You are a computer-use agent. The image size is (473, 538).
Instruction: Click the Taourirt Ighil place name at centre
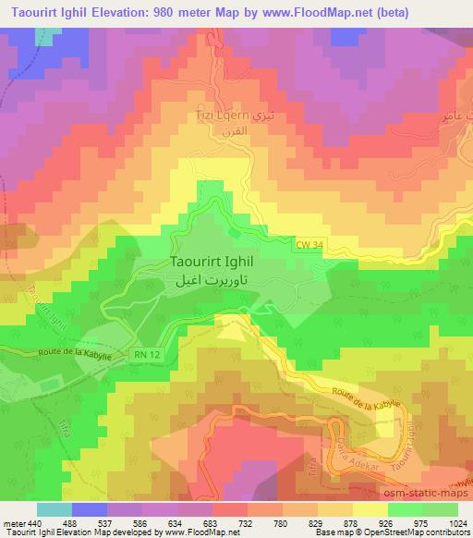click(217, 262)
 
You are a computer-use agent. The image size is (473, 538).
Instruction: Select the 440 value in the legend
click(35, 522)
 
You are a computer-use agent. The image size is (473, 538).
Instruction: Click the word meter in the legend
click(13, 522)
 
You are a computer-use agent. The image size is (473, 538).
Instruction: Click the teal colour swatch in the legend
click(54, 509)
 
